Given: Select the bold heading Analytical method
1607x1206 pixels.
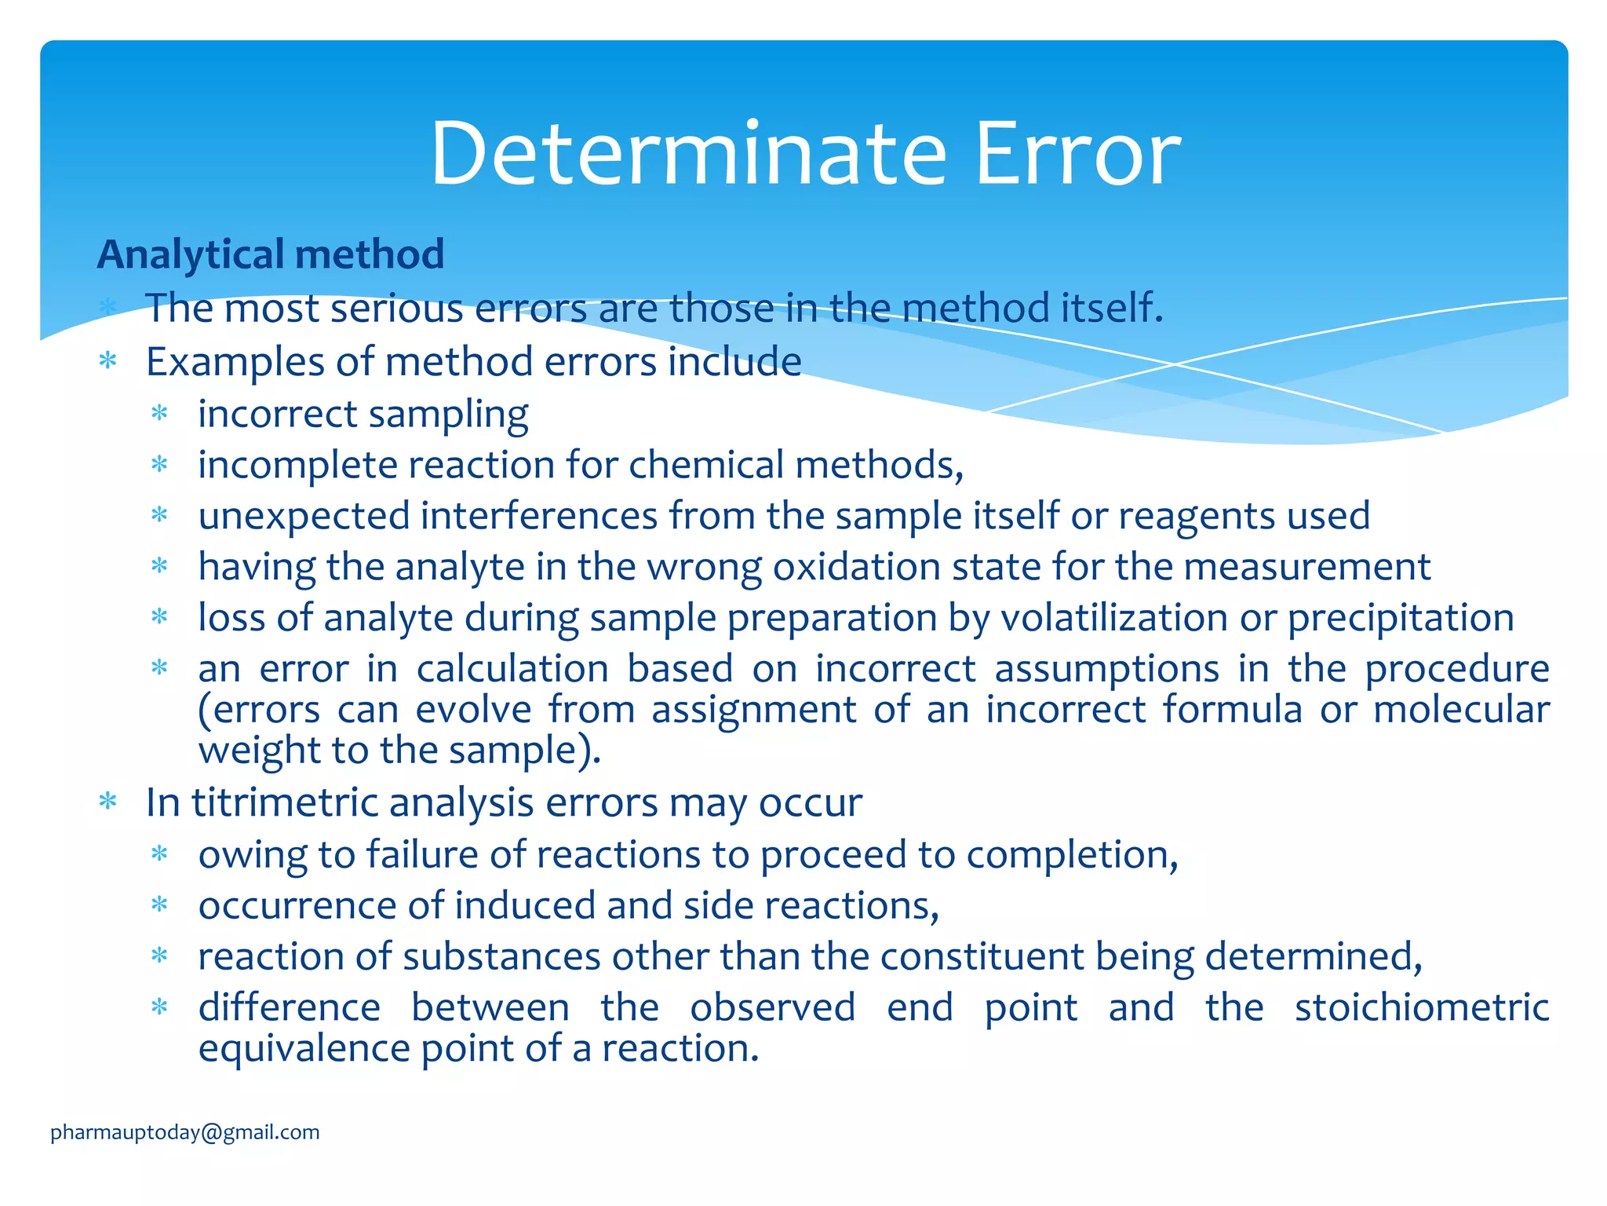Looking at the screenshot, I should pyautogui.click(x=271, y=254).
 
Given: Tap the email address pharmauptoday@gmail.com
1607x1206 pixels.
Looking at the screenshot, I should pyautogui.click(x=185, y=1132).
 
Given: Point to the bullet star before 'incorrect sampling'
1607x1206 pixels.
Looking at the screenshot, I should pyautogui.click(x=160, y=413).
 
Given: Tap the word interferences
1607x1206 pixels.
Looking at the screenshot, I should pyautogui.click(x=539, y=516).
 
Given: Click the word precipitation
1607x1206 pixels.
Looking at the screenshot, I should pyautogui.click(x=1401, y=618).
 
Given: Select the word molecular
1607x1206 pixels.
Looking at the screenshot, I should pyautogui.click(x=1460, y=709).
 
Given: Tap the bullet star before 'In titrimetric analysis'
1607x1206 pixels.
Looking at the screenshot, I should pyautogui.click(x=108, y=802).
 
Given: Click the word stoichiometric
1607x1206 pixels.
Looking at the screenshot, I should pyautogui.click(x=1421, y=1007).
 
